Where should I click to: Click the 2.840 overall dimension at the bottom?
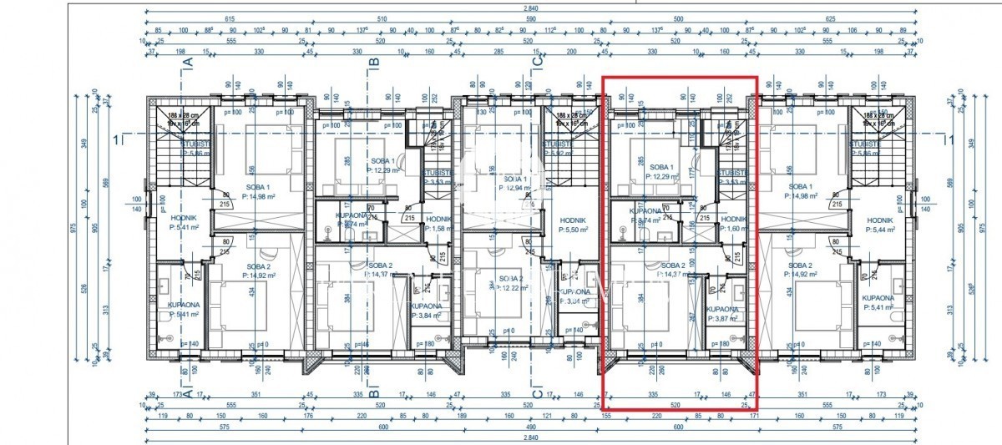[500, 438]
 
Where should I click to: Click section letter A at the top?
[188, 61]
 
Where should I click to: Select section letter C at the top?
[537, 61]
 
